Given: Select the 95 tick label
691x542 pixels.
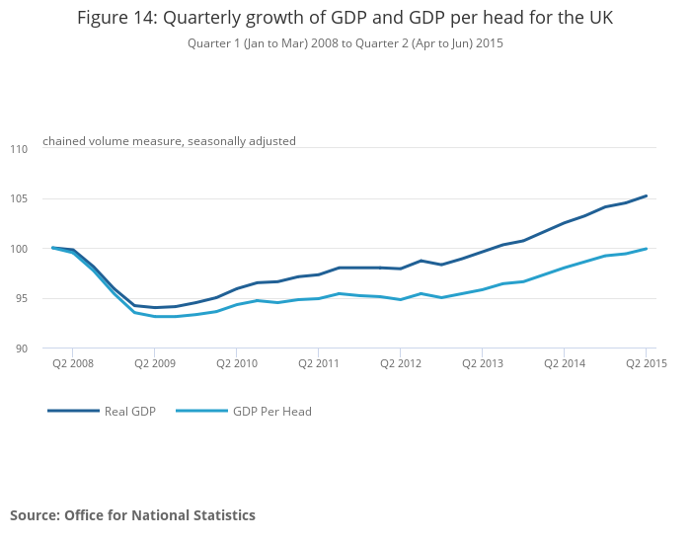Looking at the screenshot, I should [x=22, y=299].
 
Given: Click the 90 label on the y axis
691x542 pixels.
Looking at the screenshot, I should [x=22, y=348].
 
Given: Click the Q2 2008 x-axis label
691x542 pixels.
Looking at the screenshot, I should [x=73, y=363].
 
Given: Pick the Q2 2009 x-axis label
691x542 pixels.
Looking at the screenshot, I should [x=155, y=363].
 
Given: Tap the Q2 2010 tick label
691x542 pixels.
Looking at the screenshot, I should [x=237, y=363].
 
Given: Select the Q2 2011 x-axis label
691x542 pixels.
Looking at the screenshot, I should [x=319, y=363].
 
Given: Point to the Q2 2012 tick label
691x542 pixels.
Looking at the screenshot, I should [x=401, y=363].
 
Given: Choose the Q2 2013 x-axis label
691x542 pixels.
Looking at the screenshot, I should [x=483, y=363].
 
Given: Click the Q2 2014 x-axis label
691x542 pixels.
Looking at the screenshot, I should [x=565, y=363].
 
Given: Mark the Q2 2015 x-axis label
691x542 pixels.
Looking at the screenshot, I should [x=647, y=363].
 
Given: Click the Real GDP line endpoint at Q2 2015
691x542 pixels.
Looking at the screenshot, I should [x=647, y=195].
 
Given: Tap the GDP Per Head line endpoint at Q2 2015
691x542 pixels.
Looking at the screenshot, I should [x=647, y=249].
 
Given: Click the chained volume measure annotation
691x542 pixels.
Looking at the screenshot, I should [x=169, y=141].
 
